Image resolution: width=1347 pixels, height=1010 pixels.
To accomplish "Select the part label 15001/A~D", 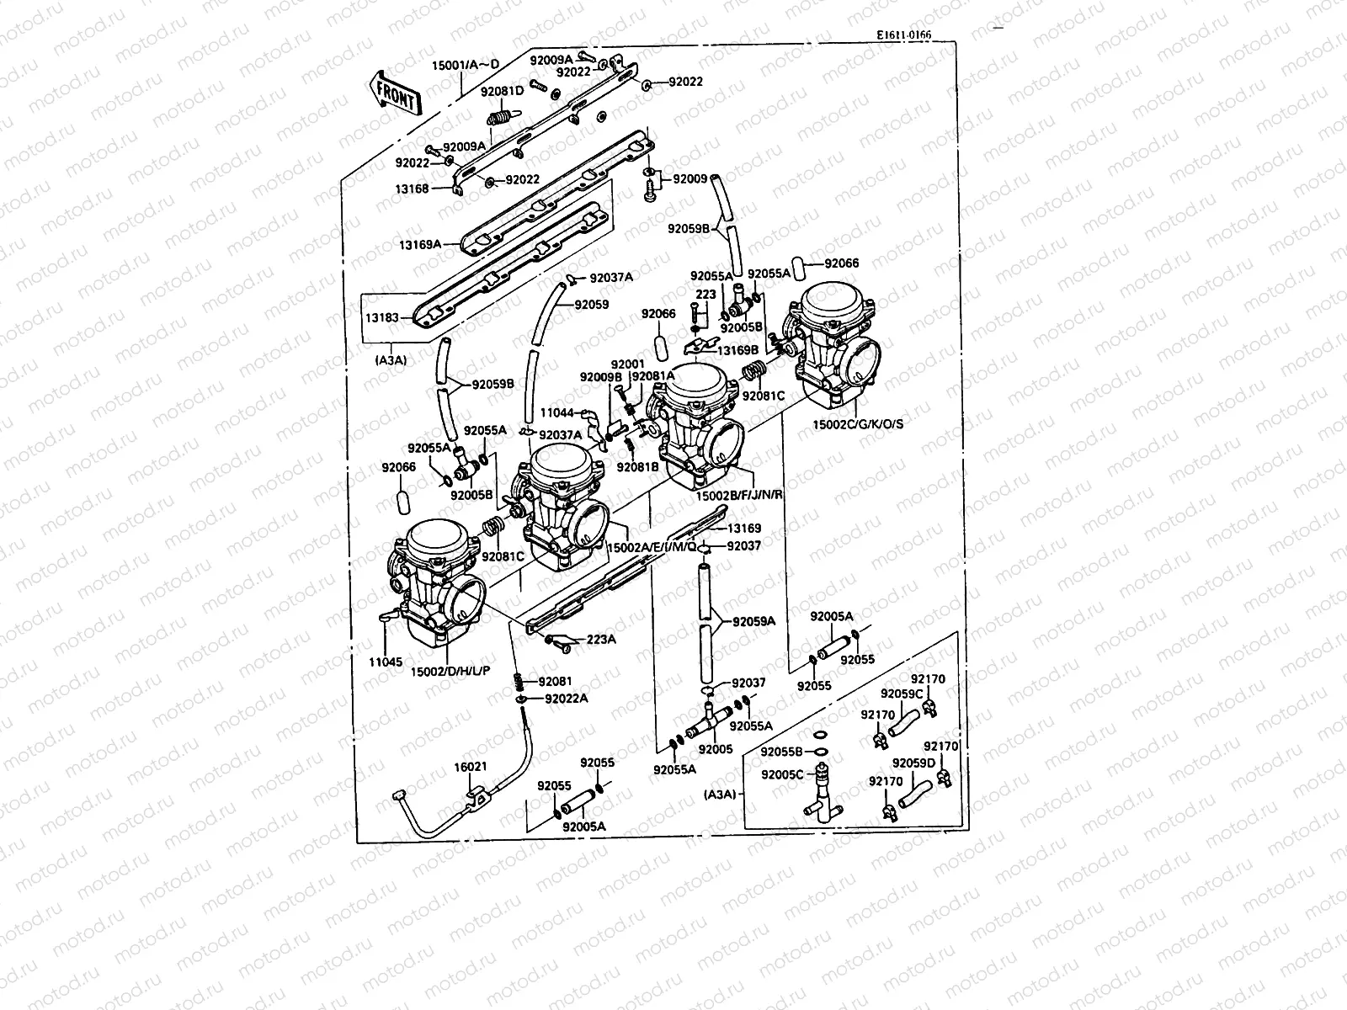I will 465,65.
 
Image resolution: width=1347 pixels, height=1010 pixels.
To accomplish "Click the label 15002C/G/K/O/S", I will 860,423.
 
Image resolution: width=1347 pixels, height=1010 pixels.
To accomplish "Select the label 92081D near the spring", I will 502,91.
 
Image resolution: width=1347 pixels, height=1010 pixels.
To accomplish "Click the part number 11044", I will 556,412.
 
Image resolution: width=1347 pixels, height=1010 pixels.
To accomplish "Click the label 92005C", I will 782,773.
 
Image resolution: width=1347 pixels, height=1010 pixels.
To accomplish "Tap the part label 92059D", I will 913,763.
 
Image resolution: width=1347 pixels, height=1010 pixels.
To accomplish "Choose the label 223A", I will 601,639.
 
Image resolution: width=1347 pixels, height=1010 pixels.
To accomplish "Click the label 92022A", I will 566,698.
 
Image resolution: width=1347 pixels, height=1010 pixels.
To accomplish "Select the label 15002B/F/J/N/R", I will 739,496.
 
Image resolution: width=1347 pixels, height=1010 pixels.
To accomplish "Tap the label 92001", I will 626,364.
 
